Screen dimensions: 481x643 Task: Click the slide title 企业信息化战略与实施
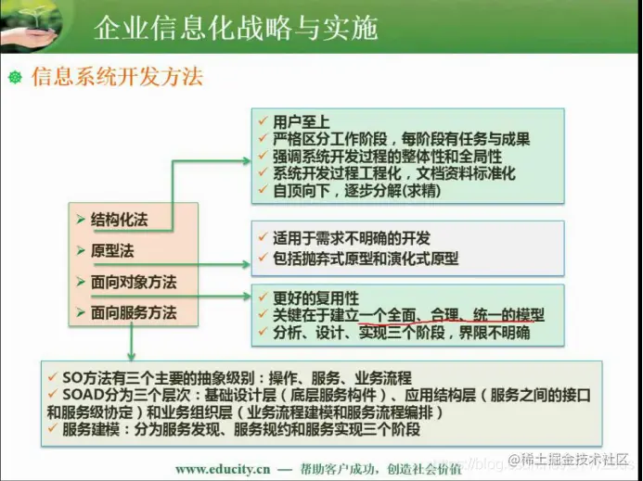pos(236,28)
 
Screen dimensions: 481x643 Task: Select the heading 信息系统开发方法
pos(117,76)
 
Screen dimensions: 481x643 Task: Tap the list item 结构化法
pos(119,220)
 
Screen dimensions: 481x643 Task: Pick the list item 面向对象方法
pos(134,282)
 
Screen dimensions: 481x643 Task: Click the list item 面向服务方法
pos(134,312)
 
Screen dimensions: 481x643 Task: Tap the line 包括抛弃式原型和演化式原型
pos(366,259)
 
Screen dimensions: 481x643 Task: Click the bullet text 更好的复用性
pos(315,298)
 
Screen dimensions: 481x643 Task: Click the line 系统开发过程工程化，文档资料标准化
pos(394,173)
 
